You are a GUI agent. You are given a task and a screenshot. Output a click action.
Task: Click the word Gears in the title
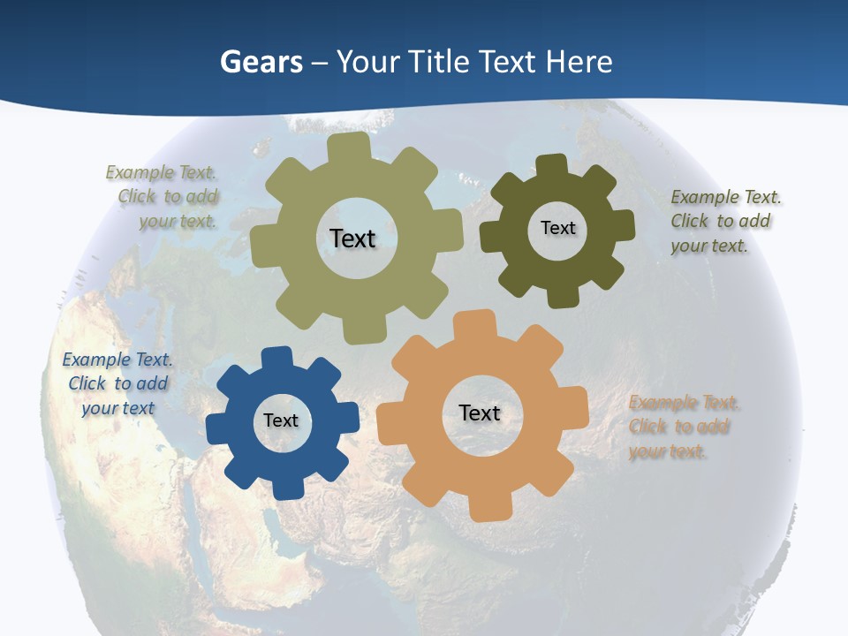click(261, 62)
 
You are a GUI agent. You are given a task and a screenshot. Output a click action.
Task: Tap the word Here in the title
click(579, 62)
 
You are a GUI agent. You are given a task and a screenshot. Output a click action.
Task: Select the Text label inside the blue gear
click(281, 421)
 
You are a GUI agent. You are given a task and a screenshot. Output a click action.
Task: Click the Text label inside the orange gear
click(480, 413)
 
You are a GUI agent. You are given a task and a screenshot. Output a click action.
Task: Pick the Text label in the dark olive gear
click(557, 228)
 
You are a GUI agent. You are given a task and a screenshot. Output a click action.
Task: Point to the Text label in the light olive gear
click(352, 238)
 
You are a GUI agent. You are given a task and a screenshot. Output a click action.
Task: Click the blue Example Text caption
click(117, 383)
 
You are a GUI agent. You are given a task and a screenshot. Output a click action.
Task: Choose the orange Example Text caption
click(684, 427)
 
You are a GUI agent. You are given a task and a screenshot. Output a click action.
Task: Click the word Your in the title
click(369, 62)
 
